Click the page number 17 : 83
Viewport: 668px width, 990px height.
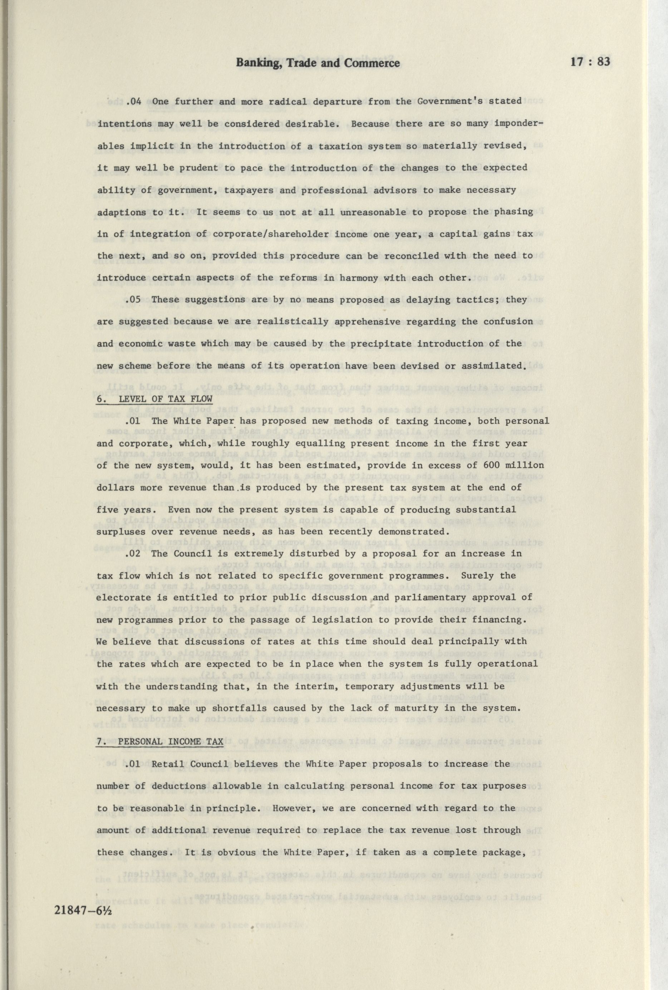click(x=590, y=62)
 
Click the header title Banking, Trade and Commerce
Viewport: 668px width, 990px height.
click(x=318, y=63)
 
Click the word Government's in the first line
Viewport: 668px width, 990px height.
click(x=444, y=101)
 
